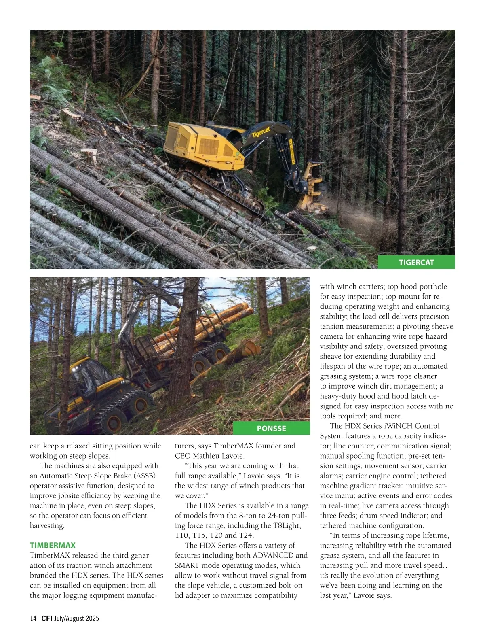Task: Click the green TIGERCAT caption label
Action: pyautogui.click(x=416, y=262)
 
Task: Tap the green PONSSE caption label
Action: pyautogui.click(x=271, y=428)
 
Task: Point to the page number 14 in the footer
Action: pyautogui.click(x=33, y=618)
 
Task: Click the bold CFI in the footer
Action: pyautogui.click(x=47, y=618)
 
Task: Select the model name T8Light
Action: pyautogui.click(x=287, y=525)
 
